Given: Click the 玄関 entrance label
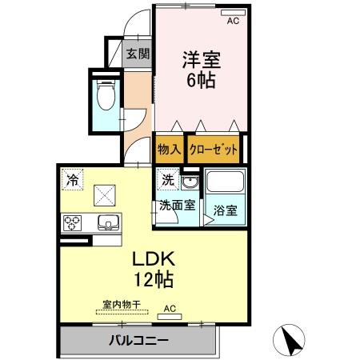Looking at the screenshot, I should pyautogui.click(x=138, y=54).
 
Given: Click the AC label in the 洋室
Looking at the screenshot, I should pyautogui.click(x=233, y=22).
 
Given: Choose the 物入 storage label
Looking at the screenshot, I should pyautogui.click(x=168, y=149).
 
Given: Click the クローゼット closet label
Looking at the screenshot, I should pyautogui.click(x=214, y=149).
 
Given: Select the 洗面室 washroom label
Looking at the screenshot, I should pyautogui.click(x=176, y=205).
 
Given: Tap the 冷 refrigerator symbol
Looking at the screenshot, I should pyautogui.click(x=73, y=180).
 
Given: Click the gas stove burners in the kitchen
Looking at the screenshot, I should pyautogui.click(x=70, y=222).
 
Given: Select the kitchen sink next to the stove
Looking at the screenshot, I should pyautogui.click(x=107, y=222).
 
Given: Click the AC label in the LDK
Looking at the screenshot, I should pyautogui.click(x=170, y=307).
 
